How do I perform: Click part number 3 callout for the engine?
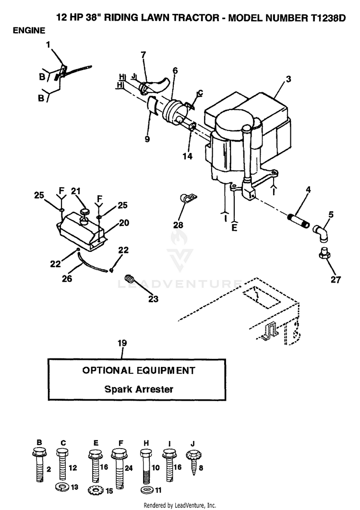click(x=288, y=79)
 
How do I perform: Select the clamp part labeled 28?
click(x=189, y=199)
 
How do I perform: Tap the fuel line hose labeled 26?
click(x=93, y=261)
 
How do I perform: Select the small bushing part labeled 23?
click(x=130, y=279)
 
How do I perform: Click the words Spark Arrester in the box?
click(x=139, y=389)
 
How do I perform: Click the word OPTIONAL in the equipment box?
click(x=108, y=370)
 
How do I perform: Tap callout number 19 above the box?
click(x=122, y=343)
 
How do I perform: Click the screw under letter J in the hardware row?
click(x=193, y=463)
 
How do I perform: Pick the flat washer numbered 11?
click(x=145, y=489)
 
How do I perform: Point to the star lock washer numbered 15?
click(x=95, y=490)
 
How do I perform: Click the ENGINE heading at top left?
click(x=29, y=31)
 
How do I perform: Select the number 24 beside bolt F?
click(x=129, y=468)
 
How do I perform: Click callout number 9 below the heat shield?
click(x=147, y=139)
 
